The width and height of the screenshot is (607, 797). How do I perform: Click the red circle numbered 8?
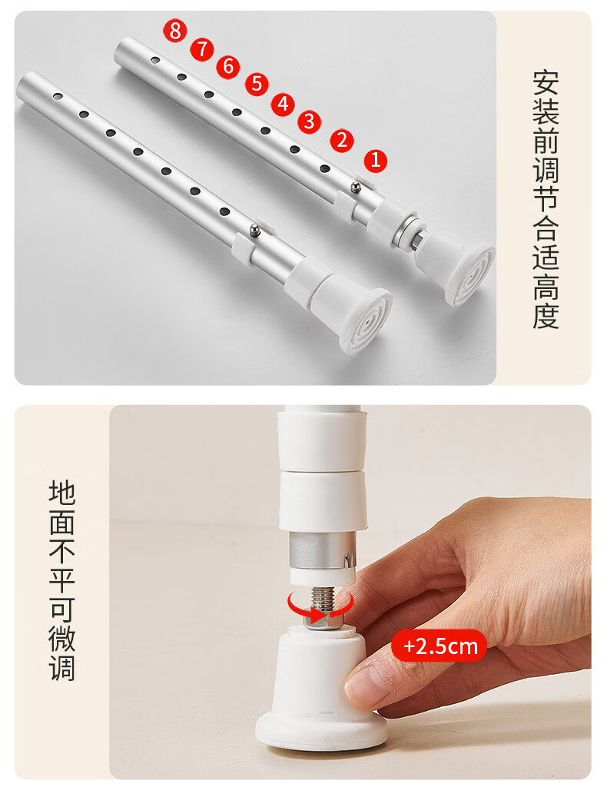174,31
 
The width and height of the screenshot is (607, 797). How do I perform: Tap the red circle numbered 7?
202,49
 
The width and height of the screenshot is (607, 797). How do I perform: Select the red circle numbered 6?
228,67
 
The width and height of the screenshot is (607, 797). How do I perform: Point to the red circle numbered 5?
257,84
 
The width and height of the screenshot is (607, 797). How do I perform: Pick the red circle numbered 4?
283,105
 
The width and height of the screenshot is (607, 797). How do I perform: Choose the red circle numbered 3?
310,122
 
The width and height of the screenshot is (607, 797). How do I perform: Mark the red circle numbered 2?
342,141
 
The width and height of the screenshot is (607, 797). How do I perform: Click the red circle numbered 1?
376,161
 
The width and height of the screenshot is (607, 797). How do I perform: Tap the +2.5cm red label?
439,646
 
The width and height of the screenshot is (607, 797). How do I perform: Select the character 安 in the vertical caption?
546,84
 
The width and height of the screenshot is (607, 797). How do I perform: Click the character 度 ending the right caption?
546,316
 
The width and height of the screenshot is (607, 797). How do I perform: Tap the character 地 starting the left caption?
62,493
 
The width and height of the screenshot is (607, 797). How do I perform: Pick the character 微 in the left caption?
62,639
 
